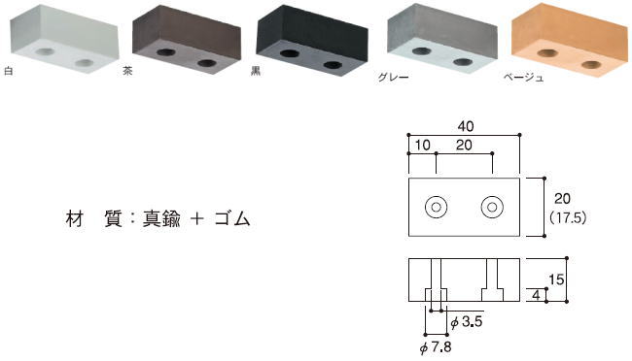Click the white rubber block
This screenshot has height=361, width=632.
[x=64, y=38]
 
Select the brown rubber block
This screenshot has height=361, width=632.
[x=187, y=40]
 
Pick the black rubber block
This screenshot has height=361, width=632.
[x=312, y=40]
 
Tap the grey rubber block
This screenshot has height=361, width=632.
[x=442, y=40]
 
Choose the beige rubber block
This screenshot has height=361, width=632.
[x=570, y=40]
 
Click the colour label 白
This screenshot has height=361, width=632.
[x=8, y=71]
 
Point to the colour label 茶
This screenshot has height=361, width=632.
[x=127, y=71]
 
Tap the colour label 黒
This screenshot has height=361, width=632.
[x=256, y=71]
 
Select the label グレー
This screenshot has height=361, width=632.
[x=394, y=77]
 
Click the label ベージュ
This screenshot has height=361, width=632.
[x=523, y=77]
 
